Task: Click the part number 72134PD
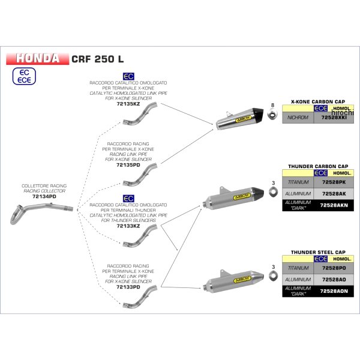[x=44, y=196]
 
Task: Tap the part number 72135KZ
[x=127, y=104]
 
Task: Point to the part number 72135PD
[x=128, y=164]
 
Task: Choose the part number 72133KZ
[x=128, y=226]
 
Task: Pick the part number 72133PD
[x=128, y=287]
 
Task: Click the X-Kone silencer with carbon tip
[x=239, y=119]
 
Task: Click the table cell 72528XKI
[x=330, y=118]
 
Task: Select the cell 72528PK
[x=329, y=182]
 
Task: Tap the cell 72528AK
[x=329, y=194]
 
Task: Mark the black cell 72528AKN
[x=329, y=206]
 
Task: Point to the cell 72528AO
[x=329, y=281]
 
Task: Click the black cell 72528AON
[x=329, y=293]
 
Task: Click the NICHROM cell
[x=298, y=118]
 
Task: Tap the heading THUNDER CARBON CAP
[x=317, y=166]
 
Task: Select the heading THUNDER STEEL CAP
[x=319, y=253]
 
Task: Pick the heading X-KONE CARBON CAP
[x=319, y=102]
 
